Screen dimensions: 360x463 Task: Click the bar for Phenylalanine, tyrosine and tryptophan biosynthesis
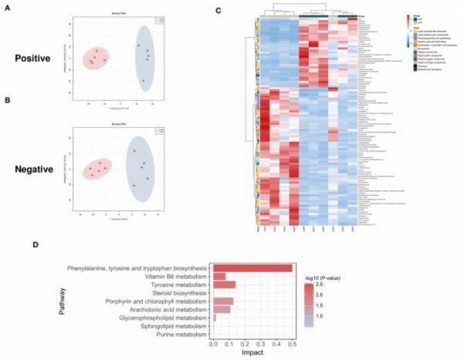pyautogui.click(x=252, y=267)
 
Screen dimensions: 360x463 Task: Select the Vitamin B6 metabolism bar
pyautogui.click(x=220, y=276)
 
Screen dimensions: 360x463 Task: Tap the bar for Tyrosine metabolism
pyautogui.click(x=225, y=284)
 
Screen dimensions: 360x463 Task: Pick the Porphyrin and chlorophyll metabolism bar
pyautogui.click(x=224, y=301)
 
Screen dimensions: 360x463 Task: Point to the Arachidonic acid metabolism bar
pyautogui.click(x=222, y=310)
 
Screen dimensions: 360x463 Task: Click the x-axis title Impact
pyautogui.click(x=252, y=354)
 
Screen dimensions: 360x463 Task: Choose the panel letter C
pyautogui.click(x=219, y=10)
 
